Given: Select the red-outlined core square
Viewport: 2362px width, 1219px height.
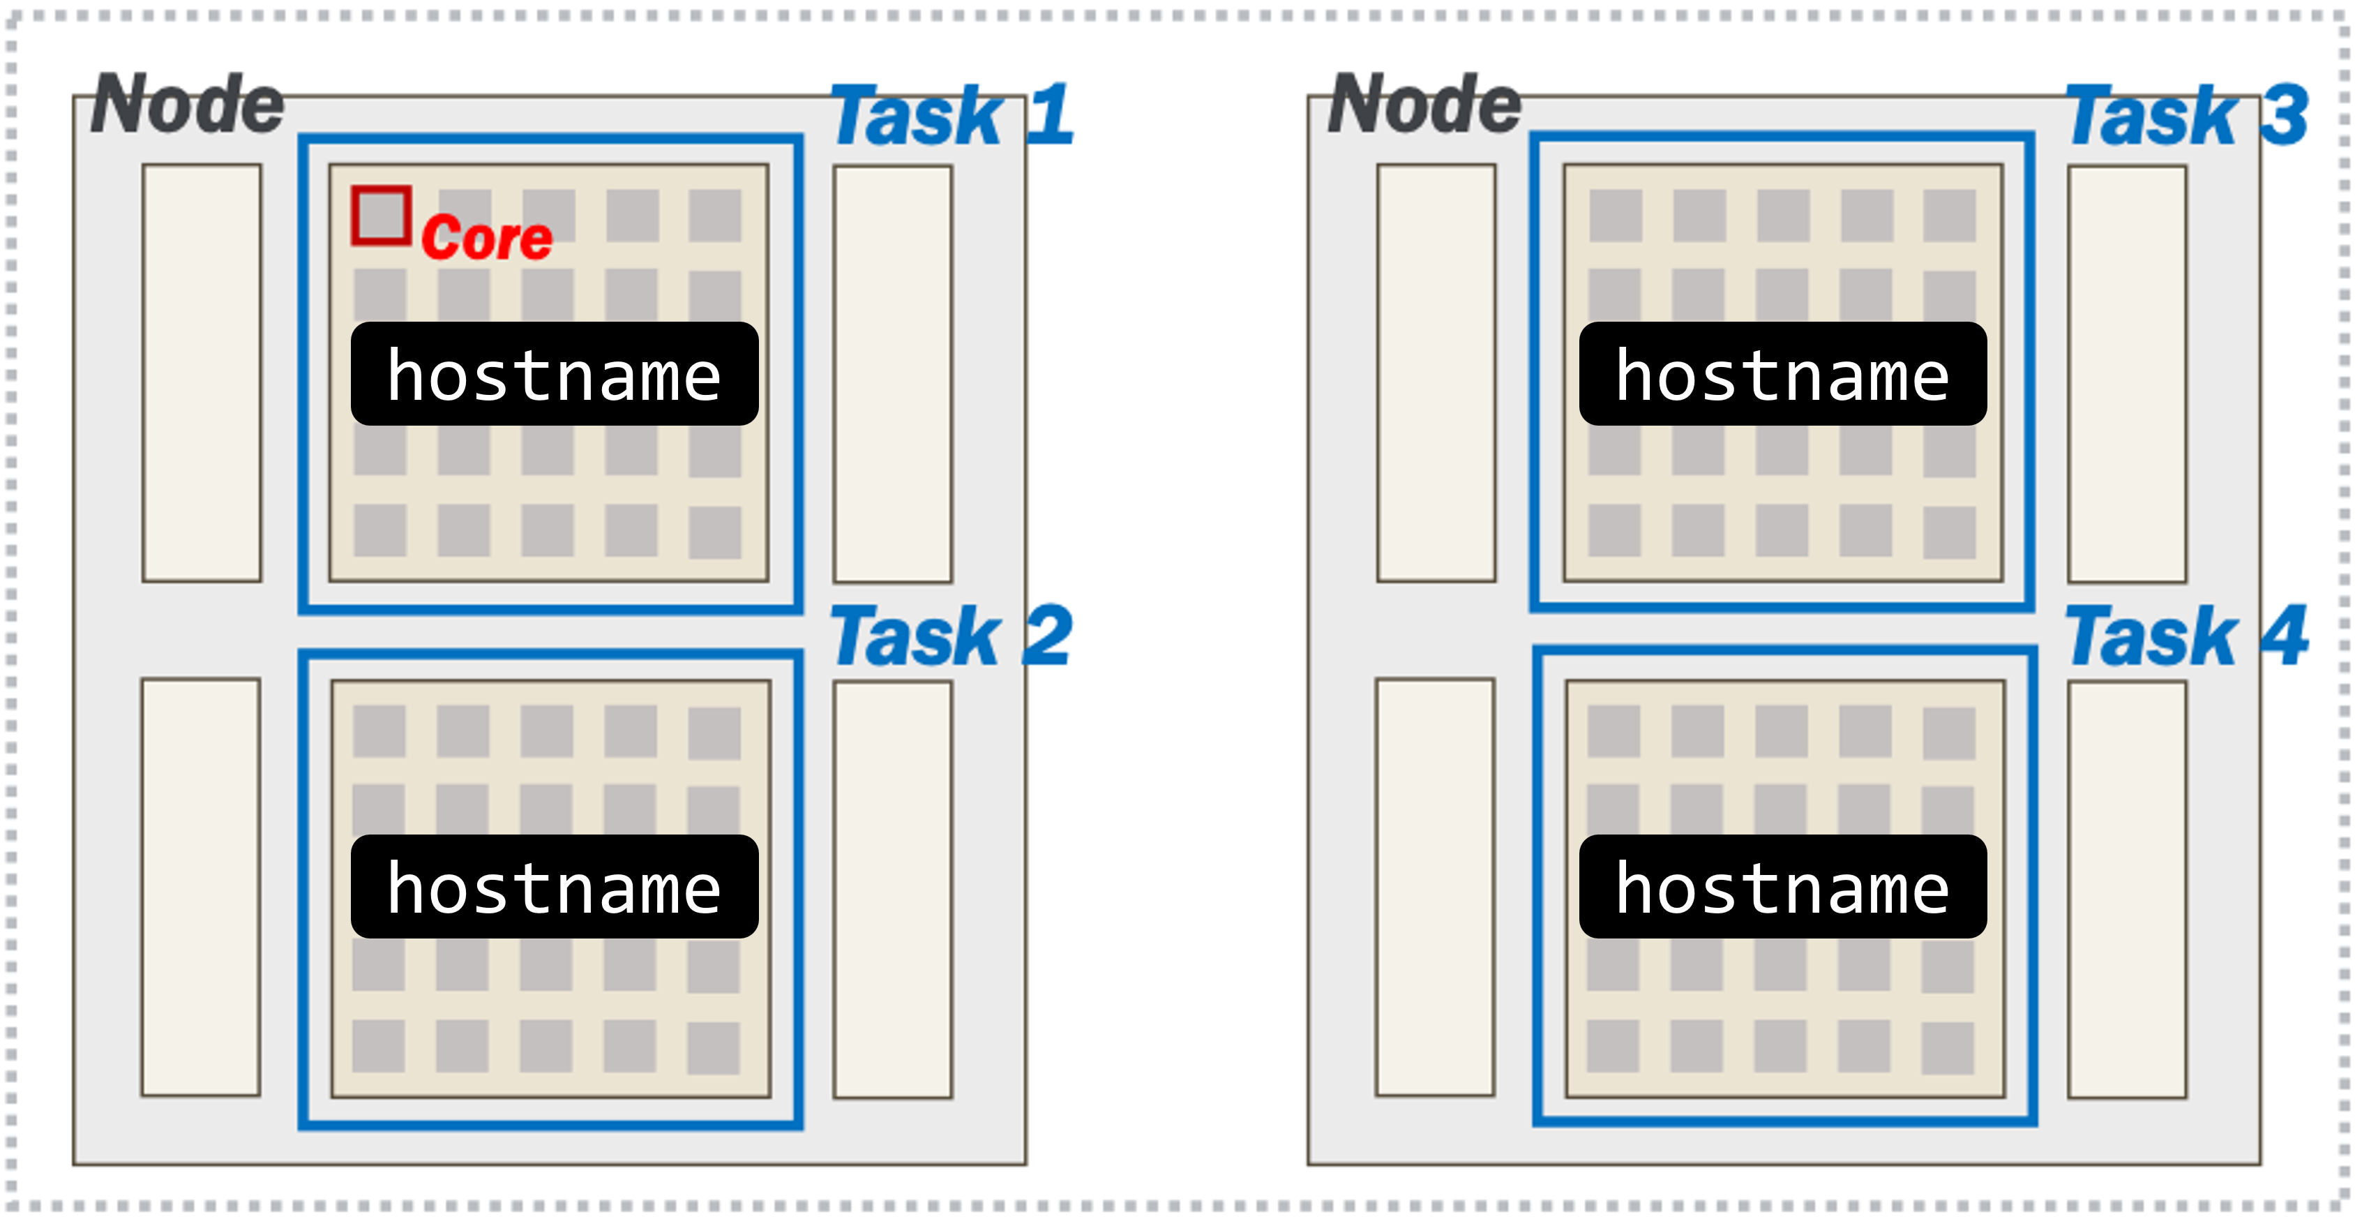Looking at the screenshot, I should (380, 216).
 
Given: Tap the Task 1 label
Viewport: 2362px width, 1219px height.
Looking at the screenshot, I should (950, 117).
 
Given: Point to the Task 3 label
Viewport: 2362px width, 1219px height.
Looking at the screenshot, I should (2185, 117).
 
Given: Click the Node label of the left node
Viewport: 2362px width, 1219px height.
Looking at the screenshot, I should (188, 105).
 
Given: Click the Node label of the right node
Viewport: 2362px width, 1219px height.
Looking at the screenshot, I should (1424, 105).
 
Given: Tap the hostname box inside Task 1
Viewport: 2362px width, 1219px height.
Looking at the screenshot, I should (555, 374).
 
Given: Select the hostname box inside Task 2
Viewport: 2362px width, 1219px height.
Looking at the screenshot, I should (555, 887).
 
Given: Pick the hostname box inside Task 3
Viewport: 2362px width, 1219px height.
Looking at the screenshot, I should (1782, 374).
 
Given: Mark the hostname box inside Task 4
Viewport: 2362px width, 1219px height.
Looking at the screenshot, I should (1782, 887).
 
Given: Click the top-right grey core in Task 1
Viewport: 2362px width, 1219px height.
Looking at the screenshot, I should (715, 216).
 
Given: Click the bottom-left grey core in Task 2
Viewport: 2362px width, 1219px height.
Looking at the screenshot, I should (379, 1046).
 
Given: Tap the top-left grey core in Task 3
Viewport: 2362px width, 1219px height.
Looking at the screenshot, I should (1616, 216).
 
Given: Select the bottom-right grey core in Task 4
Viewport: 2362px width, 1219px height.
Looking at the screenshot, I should (1948, 1047).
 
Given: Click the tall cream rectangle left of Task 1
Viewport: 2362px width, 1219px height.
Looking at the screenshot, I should (202, 373).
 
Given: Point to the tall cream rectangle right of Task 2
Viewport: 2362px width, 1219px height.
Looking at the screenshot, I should (892, 889).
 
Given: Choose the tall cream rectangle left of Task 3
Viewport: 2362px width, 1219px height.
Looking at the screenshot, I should (1436, 373).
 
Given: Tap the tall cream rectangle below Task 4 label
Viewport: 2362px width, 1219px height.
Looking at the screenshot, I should (2126, 889).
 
